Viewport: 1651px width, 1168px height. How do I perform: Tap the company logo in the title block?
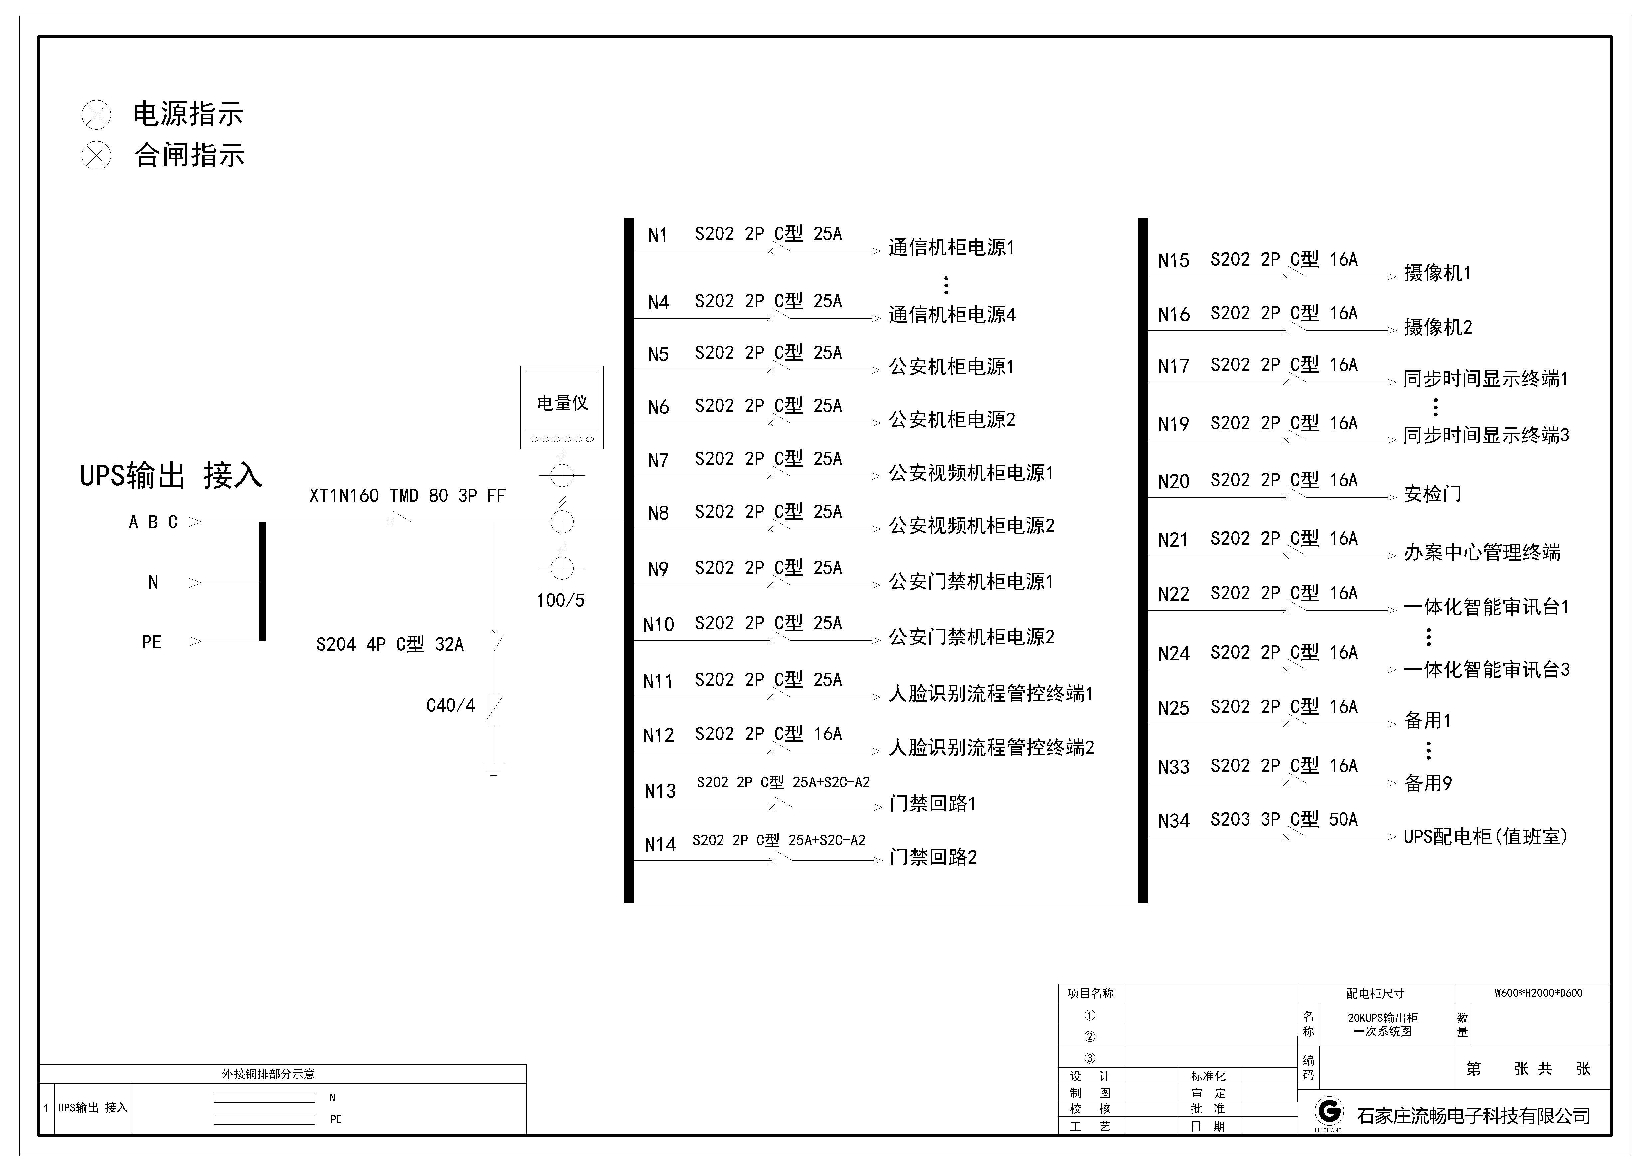coord(1328,1112)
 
